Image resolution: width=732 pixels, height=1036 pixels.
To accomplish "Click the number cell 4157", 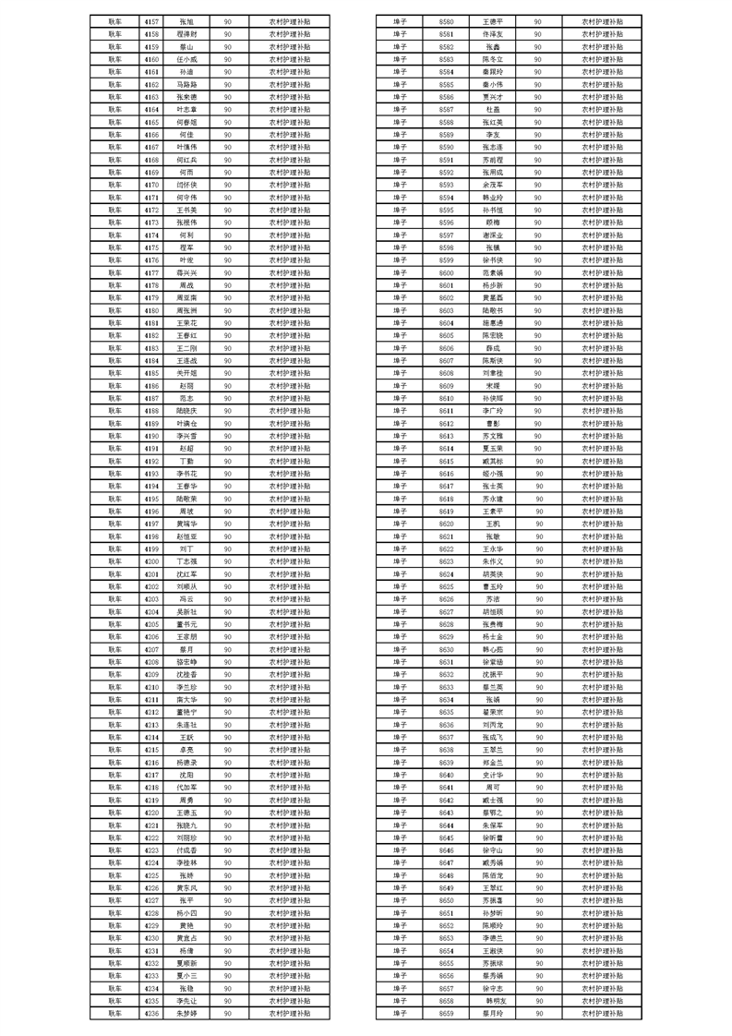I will point(152,19).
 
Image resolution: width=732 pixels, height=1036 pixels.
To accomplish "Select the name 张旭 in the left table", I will point(186,19).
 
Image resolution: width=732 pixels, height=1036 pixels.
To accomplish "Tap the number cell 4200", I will point(152,560).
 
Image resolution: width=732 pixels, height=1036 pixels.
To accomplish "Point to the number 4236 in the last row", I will point(152,1013).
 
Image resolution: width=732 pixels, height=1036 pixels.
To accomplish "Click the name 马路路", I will point(186,83).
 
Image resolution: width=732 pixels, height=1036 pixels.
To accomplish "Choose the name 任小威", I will point(186,58).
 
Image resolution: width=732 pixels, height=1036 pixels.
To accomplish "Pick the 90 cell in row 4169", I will point(227,172).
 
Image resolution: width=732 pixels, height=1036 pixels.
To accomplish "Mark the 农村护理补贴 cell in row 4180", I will point(290,309).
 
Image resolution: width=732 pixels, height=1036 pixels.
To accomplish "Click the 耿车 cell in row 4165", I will point(114,121).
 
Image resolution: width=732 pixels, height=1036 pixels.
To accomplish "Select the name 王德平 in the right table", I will point(493,19).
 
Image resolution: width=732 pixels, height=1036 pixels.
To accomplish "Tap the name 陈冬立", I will point(493,58).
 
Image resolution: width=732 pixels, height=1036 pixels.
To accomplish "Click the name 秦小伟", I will point(493,83).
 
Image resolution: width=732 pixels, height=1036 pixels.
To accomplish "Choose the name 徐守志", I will point(493,987).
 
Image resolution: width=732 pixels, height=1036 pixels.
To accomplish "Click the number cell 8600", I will point(447,271).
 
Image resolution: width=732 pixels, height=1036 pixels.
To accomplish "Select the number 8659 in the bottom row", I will point(447,1013).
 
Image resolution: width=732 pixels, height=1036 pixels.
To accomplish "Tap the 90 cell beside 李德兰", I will point(538,937).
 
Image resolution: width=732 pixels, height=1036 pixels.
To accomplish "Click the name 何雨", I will point(186,172).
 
